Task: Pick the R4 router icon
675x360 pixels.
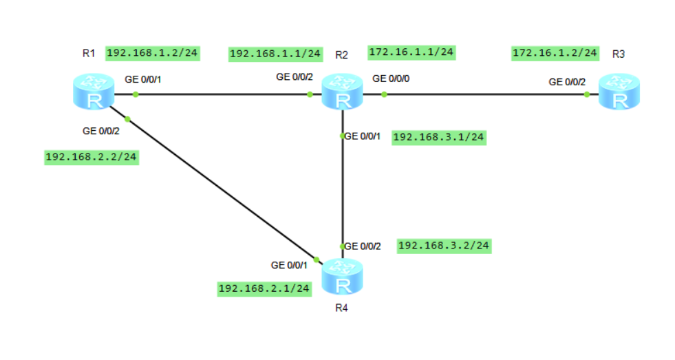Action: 342,275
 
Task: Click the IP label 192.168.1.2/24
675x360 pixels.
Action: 152,52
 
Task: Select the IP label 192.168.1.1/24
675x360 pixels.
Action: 275,53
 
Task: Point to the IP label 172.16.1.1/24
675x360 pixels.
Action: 411,52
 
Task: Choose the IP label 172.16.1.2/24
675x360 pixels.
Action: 555,52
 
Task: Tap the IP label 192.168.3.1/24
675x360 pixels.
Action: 438,137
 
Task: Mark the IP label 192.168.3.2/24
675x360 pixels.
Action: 444,245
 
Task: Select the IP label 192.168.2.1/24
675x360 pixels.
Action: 264,288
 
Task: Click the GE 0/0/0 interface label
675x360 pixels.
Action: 391,78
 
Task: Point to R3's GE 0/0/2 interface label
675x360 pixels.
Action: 567,82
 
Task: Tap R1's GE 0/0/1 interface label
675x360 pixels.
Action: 142,79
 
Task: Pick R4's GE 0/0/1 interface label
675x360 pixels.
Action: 289,264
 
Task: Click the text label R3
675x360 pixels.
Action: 618,54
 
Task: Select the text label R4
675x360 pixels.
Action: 341,308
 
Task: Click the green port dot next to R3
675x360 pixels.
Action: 587,94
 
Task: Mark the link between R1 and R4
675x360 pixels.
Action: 220,187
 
